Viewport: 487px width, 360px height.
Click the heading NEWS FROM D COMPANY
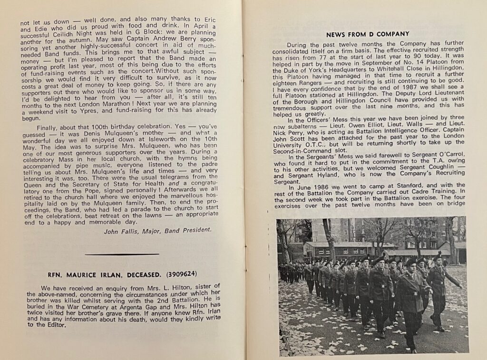[x=368, y=34]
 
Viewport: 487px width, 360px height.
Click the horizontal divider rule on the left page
[x=122, y=254]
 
